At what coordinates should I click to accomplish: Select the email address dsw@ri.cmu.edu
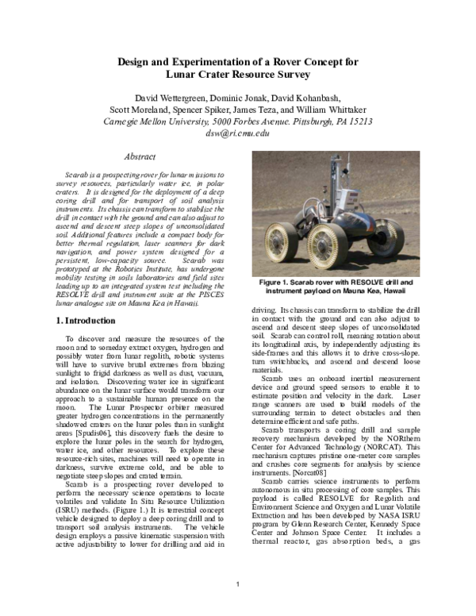click(x=238, y=133)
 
